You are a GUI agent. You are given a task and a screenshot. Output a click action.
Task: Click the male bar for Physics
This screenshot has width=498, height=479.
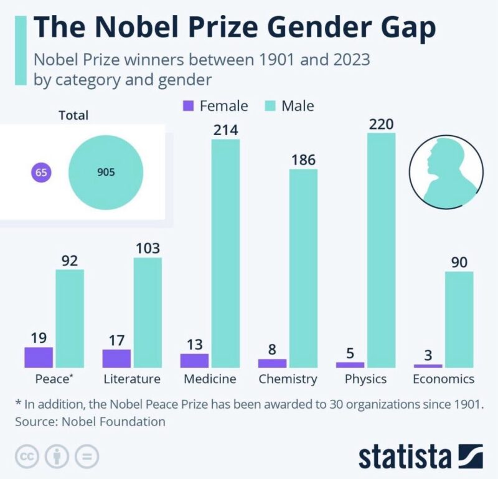coord(381,250)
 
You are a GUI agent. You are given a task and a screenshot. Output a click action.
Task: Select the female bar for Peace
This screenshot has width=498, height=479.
coord(39,357)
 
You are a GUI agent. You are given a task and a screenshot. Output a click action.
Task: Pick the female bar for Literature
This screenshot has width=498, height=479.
coord(116,358)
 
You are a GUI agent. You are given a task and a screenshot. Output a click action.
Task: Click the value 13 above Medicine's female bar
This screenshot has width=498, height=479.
coord(195,344)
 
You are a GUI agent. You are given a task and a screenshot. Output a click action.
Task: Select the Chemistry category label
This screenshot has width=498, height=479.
coord(288,379)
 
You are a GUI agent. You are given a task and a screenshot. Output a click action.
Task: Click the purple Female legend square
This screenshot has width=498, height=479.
coord(189,106)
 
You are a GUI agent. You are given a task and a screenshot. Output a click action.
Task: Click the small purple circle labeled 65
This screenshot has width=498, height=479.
coord(42,173)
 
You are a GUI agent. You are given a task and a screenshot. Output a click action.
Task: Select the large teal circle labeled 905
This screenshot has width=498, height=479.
coord(106,173)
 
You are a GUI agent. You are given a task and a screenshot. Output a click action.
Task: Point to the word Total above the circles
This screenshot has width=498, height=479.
coord(73,115)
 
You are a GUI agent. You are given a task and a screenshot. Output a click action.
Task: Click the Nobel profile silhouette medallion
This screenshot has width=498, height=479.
coord(446,169)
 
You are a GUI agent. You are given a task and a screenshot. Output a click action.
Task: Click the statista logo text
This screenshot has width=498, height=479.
coord(404,456)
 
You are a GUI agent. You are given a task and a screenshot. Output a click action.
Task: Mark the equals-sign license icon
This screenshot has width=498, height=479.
coord(87,457)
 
